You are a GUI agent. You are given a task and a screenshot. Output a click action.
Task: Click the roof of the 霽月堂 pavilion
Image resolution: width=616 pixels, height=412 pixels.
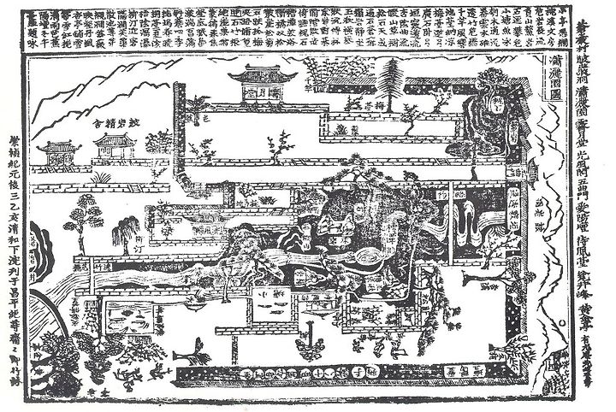point(264,76)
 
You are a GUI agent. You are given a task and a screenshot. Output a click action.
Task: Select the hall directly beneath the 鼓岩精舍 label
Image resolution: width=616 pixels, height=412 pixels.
point(115,147)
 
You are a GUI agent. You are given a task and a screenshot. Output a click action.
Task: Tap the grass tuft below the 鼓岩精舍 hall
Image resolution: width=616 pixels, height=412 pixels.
point(103,177)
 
